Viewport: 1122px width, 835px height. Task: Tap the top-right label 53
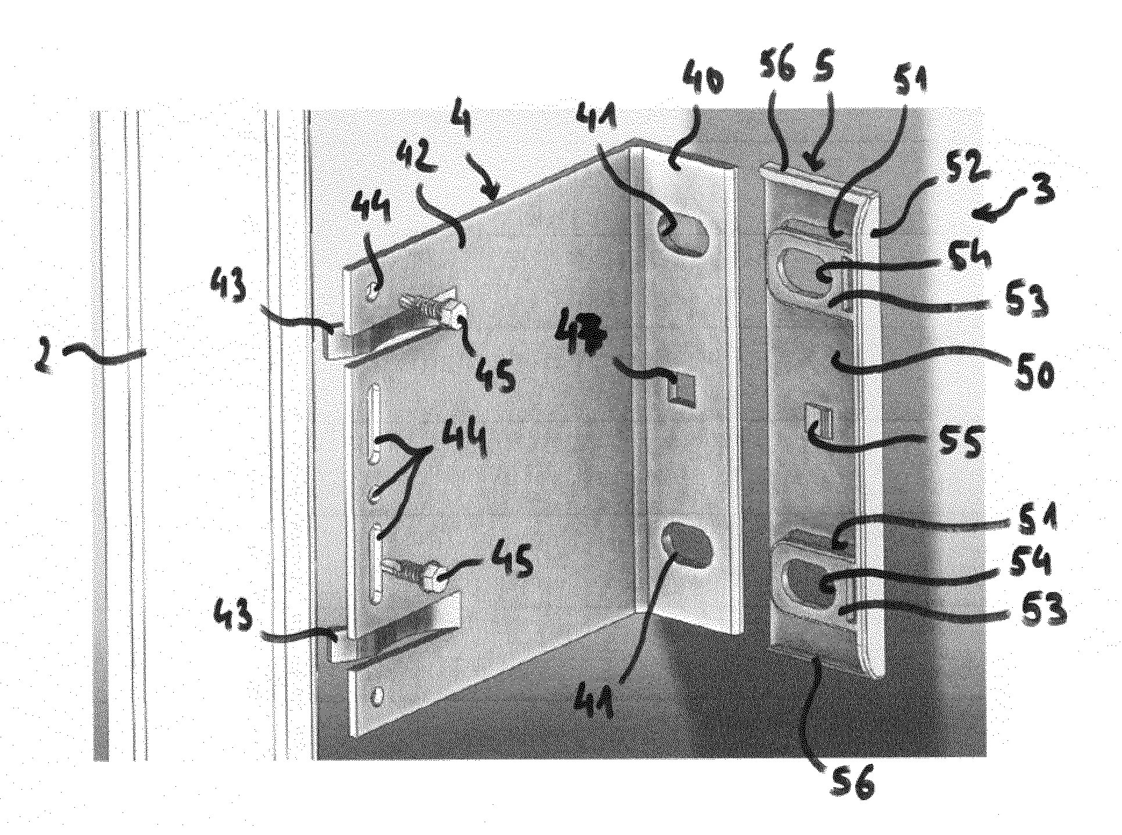1028,300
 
